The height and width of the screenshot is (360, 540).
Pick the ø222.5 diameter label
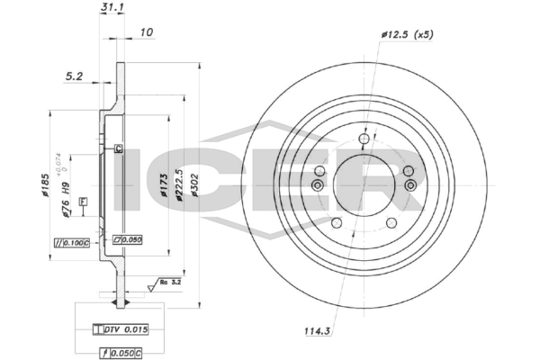(180, 184)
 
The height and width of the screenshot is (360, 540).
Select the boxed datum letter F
(82, 201)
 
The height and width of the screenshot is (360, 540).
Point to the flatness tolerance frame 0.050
(128, 239)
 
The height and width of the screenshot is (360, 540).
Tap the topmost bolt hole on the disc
(364, 139)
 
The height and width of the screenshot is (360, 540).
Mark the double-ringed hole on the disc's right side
(411, 185)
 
